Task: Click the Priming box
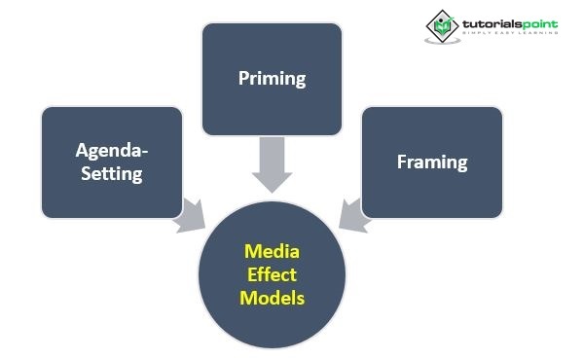point(272,78)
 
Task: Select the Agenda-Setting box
point(111,162)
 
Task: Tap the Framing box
point(432,162)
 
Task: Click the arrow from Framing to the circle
point(352,217)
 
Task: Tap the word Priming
point(272,78)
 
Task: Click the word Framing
point(432,162)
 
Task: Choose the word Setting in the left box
point(110,174)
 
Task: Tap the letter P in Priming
point(243,78)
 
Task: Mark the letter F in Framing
point(402,162)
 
